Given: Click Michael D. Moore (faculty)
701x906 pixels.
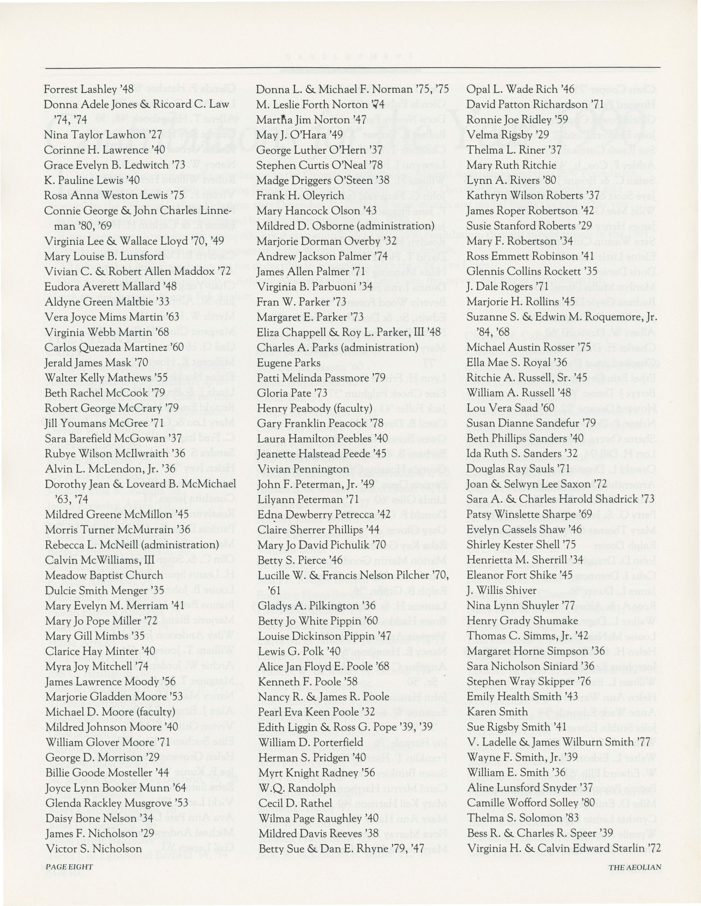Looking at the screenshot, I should pyautogui.click(x=110, y=712).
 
